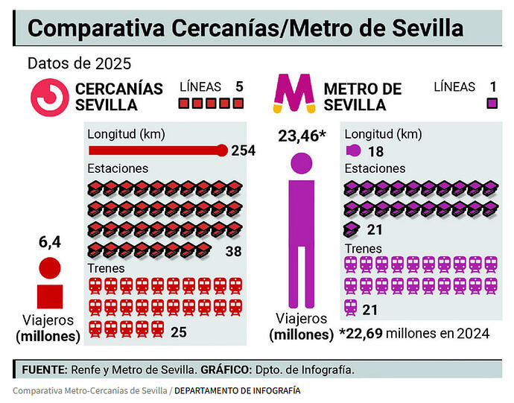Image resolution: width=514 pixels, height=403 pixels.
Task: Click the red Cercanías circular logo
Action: [49, 95]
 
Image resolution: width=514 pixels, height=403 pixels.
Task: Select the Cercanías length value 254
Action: [243, 150]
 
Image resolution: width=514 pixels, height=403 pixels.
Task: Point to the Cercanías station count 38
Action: [233, 251]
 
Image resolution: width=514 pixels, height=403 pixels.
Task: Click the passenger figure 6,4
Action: [49, 241]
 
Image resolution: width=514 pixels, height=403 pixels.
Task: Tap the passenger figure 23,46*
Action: [302, 136]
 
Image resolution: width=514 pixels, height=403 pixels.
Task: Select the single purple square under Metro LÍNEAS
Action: [492, 104]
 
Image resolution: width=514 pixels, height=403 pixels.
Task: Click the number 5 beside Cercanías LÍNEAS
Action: [239, 86]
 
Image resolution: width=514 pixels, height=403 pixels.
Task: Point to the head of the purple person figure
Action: [302, 165]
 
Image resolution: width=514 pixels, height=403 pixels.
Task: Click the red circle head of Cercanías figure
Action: [49, 267]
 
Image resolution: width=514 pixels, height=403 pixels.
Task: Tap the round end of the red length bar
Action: [221, 150]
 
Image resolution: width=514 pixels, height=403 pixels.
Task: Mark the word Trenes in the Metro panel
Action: [364, 248]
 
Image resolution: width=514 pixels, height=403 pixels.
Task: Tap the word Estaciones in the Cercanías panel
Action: [118, 168]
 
